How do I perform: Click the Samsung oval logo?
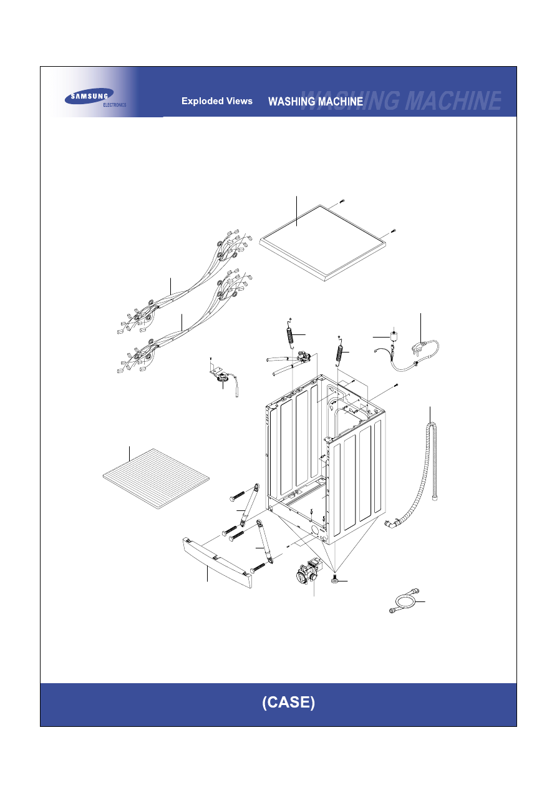pyautogui.click(x=89, y=96)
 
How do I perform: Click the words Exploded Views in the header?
pyautogui.click(x=217, y=101)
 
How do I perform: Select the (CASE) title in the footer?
pyautogui.click(x=288, y=702)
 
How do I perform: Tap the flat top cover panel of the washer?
pyautogui.click(x=322, y=243)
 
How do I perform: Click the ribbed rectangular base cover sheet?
pyautogui.click(x=156, y=479)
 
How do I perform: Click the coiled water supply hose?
pyautogui.click(x=404, y=601)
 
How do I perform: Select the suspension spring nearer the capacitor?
pyautogui.click(x=340, y=352)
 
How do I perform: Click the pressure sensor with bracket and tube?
pyautogui.click(x=222, y=376)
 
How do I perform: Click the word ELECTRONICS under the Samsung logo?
pyautogui.click(x=115, y=105)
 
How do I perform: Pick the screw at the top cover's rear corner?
pyautogui.click(x=342, y=202)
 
